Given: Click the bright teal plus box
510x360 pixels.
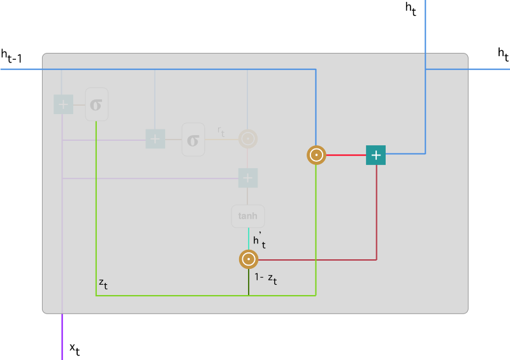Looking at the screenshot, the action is (375, 155).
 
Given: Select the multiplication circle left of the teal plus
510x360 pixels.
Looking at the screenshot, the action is (316, 155).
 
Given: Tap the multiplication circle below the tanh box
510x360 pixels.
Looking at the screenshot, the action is (248, 259).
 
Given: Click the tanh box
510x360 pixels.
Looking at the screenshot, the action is (248, 216).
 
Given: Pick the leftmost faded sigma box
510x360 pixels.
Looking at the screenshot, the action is (96, 104).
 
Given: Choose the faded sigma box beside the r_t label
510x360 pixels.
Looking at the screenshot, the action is (193, 139).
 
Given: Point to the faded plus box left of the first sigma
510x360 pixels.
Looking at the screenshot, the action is (63, 104).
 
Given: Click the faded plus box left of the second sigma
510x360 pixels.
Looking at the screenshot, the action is (156, 139).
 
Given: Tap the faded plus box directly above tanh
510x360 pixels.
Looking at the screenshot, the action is (248, 178).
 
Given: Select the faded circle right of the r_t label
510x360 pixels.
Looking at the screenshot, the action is (248, 139).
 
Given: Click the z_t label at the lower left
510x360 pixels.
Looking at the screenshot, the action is (103, 283).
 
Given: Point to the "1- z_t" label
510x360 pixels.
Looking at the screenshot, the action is (265, 278).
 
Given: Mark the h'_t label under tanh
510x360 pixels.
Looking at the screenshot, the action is (259, 240).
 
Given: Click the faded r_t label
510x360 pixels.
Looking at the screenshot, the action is (221, 132).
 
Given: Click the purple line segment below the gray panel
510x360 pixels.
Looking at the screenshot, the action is (62, 336).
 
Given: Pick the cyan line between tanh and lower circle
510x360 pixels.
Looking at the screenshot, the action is (248, 238).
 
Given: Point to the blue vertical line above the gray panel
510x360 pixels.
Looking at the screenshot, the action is (425, 25).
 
